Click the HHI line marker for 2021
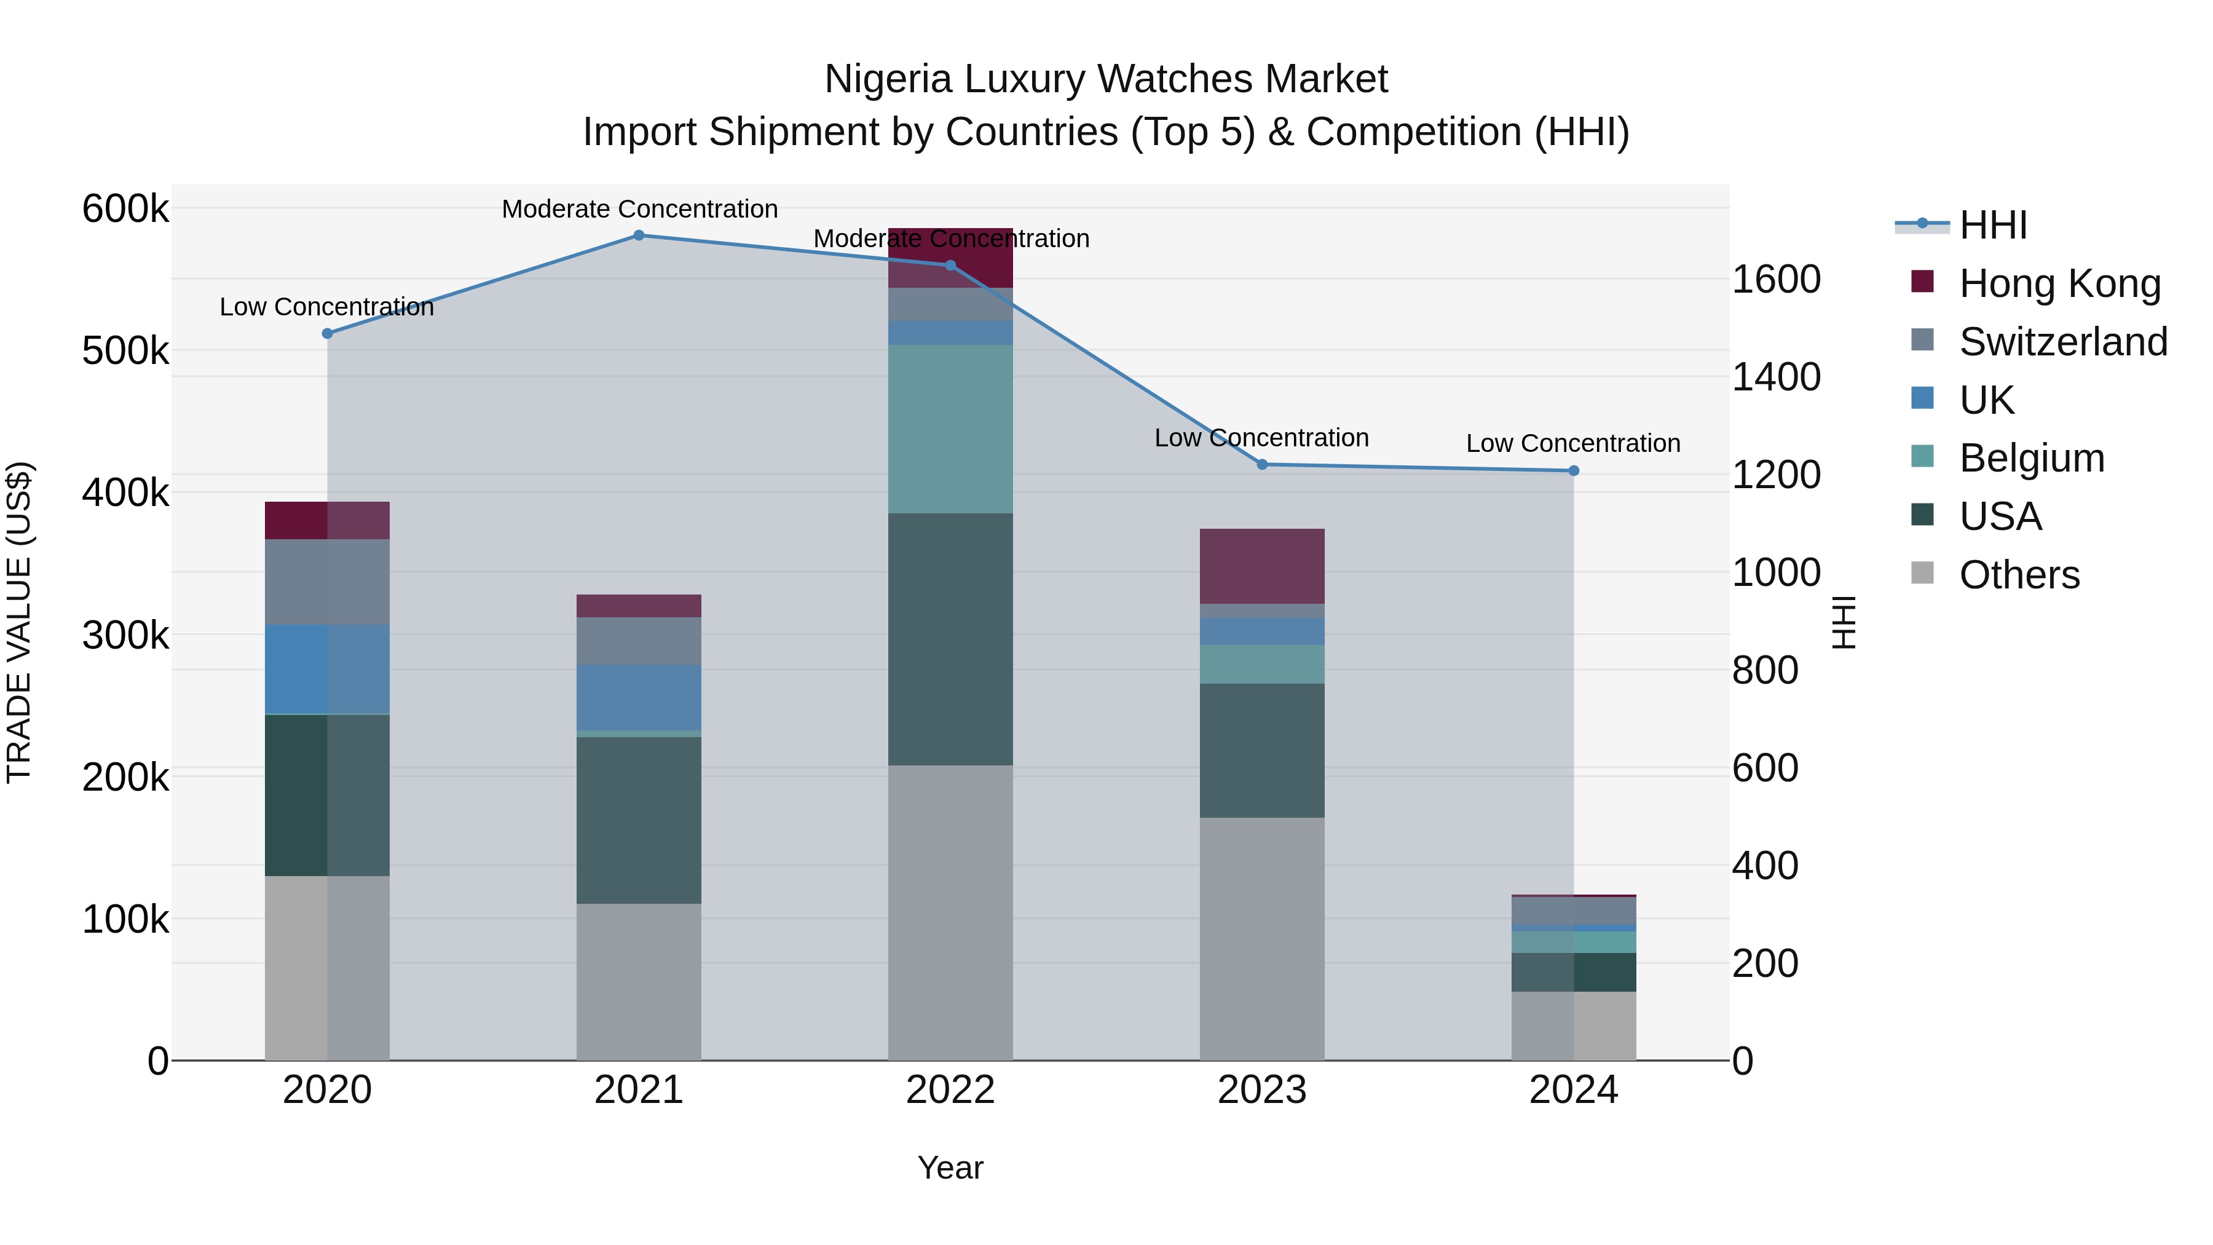click(638, 235)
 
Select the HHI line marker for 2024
click(1573, 471)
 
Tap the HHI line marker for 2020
click(327, 333)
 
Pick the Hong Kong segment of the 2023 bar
click(1261, 566)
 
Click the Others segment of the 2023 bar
click(1261, 938)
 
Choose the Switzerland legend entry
click(2062, 342)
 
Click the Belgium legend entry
click(2032, 458)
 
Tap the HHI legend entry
click(1993, 225)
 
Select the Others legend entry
click(2019, 575)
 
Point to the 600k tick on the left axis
click(125, 209)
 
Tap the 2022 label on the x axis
click(950, 1090)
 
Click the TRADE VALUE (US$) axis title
click(20, 622)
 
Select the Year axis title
click(950, 1168)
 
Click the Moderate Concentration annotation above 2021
click(639, 209)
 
